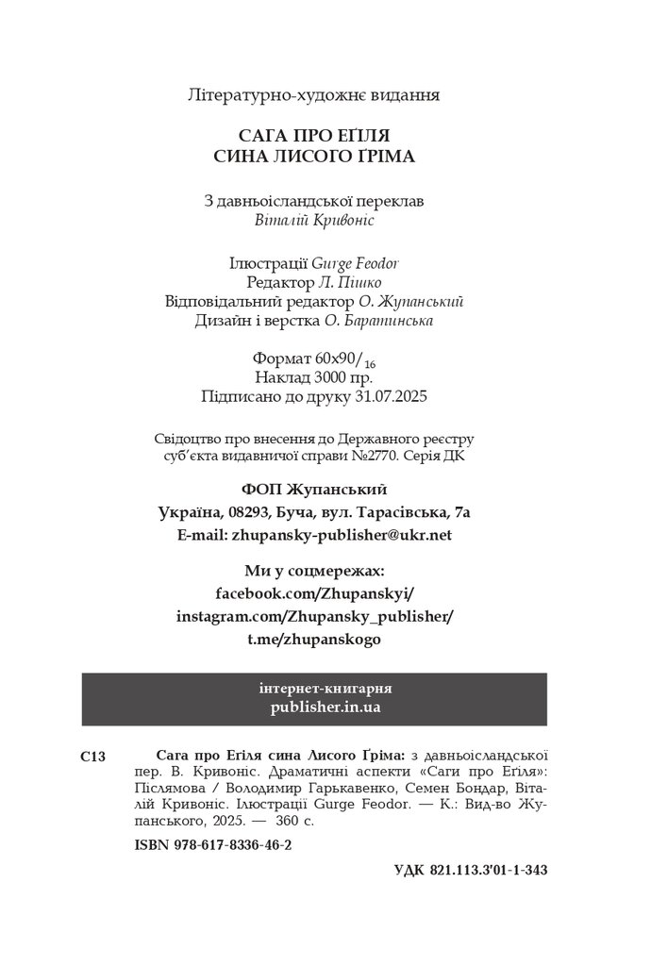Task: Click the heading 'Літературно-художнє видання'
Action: [x=315, y=95]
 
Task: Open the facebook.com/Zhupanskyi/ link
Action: [x=315, y=593]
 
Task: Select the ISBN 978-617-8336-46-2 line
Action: [x=200, y=846]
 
